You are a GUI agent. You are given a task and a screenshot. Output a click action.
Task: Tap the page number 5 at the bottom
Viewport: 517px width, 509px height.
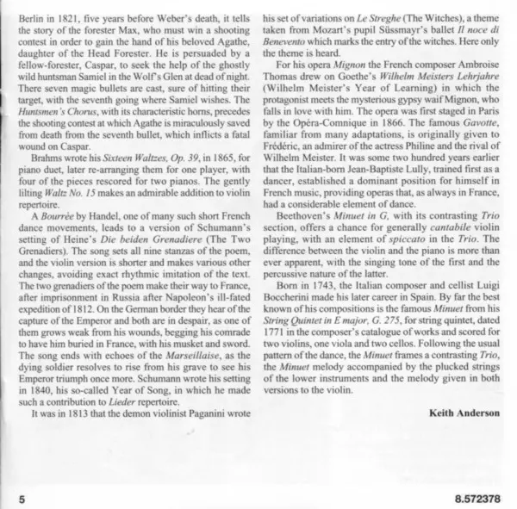tap(18, 498)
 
